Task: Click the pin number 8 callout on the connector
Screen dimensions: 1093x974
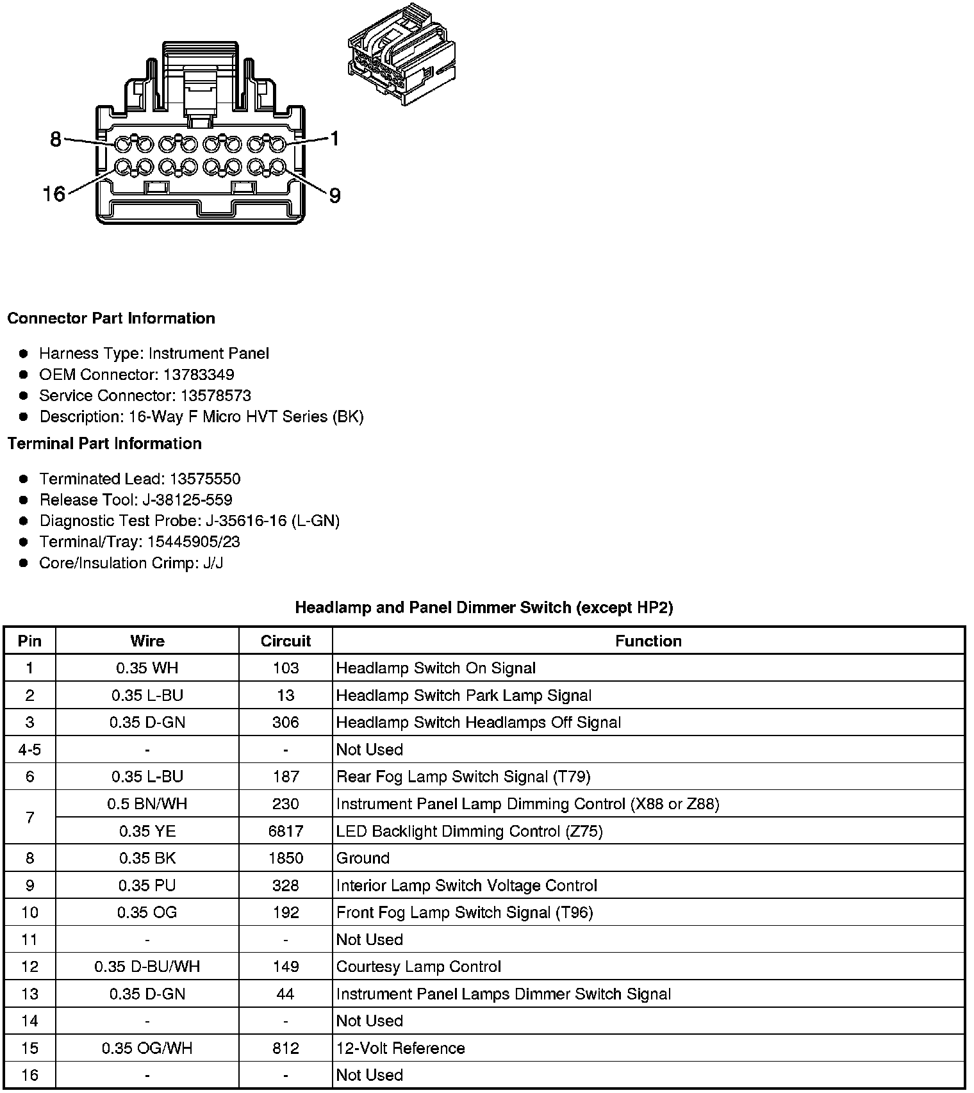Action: tap(56, 138)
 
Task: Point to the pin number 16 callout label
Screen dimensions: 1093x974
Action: tap(54, 193)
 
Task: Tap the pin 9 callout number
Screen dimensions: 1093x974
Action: tap(334, 195)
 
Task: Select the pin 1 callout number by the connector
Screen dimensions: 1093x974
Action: tap(334, 138)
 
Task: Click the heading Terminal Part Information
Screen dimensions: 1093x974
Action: tap(104, 443)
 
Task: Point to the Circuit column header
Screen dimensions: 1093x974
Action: tap(285, 641)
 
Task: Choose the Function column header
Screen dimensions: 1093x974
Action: tap(648, 641)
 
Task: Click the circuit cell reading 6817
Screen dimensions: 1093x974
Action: tap(285, 831)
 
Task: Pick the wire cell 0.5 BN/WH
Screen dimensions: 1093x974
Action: tap(147, 803)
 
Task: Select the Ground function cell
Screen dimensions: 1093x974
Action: tap(363, 858)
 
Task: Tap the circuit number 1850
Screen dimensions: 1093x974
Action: tap(285, 858)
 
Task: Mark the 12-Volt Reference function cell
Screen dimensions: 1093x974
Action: tap(400, 1048)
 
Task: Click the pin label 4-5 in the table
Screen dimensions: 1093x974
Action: tap(29, 750)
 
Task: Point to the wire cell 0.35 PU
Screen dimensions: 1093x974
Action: tap(147, 885)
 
